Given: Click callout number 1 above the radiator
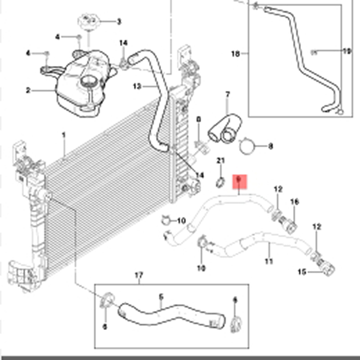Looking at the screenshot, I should click(x=63, y=135).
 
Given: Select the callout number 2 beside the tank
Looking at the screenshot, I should click(x=27, y=90).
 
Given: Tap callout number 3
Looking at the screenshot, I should click(x=119, y=21).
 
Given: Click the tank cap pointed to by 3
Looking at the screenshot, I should click(x=87, y=22).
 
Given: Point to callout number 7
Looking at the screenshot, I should click(x=227, y=94).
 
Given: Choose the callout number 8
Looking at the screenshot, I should click(x=270, y=146).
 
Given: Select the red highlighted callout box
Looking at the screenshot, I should click(x=239, y=181).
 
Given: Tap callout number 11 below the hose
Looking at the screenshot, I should click(x=269, y=261).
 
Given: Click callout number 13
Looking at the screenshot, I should click(x=137, y=85).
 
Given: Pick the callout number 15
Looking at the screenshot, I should click(x=302, y=271).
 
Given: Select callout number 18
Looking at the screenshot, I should click(x=235, y=54).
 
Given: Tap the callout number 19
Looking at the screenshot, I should click(x=346, y=51).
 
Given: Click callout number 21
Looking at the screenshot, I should click(x=220, y=161).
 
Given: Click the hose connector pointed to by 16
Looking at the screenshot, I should click(x=288, y=222).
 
